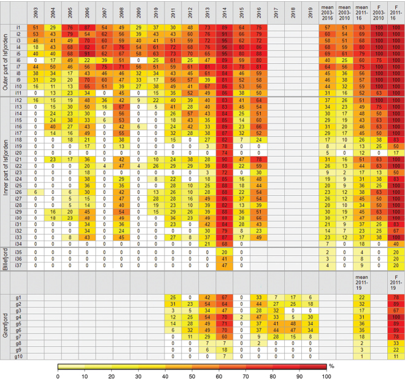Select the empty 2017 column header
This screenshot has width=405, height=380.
click(x=276, y=12)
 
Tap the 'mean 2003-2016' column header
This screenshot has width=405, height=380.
click(x=329, y=12)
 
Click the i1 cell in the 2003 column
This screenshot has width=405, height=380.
click(x=36, y=28)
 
